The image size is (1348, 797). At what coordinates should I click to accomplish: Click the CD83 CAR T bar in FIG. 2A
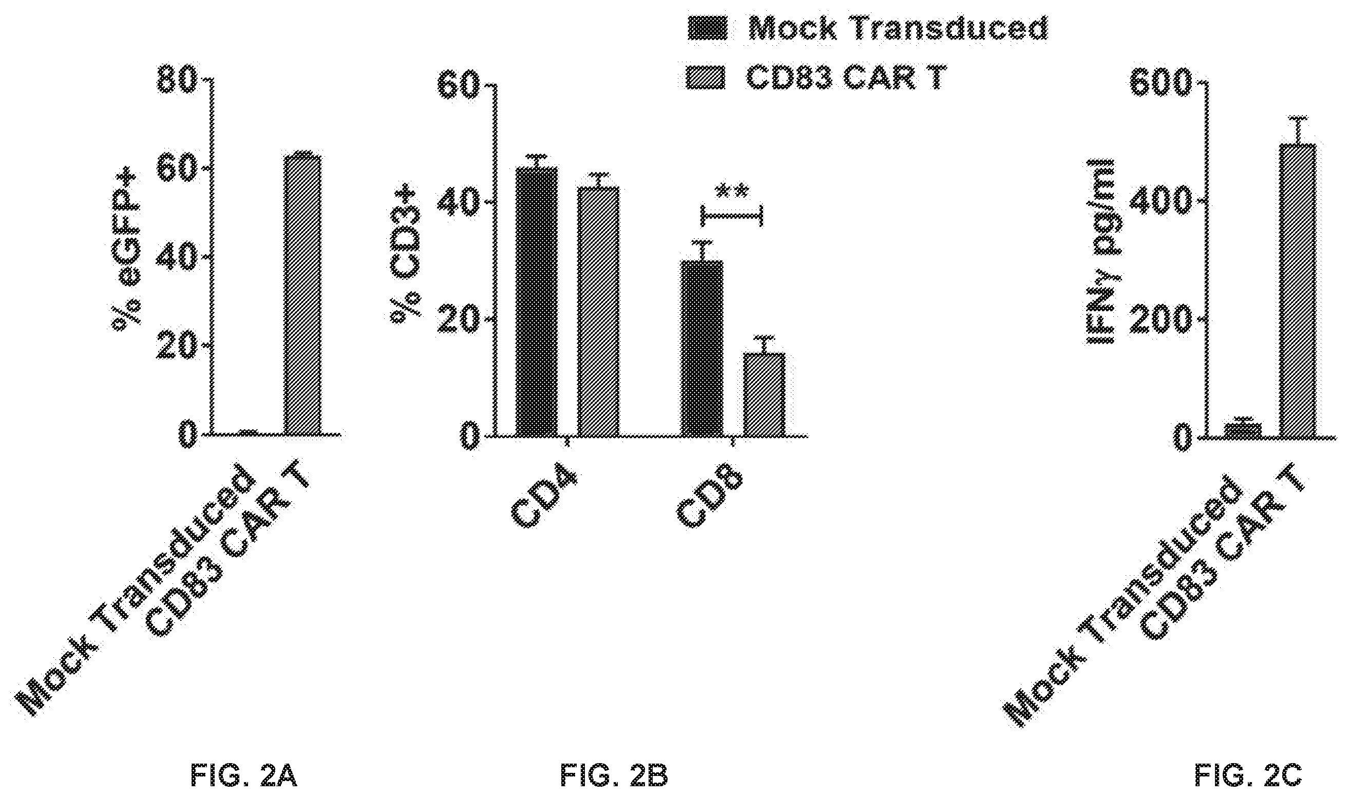tap(302, 295)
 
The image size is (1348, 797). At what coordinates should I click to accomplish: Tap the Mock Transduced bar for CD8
tap(702, 348)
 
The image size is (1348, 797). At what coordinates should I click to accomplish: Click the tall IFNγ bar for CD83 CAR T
tap(1298, 291)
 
